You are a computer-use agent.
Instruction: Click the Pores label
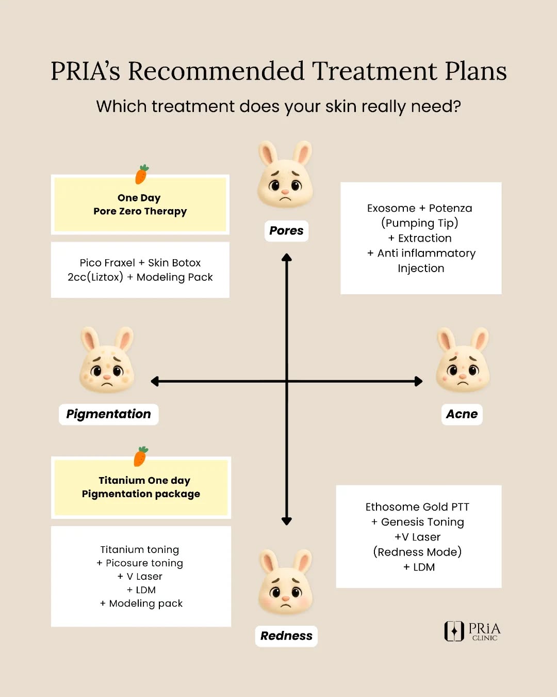coord(286,231)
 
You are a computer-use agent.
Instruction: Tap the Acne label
coord(462,414)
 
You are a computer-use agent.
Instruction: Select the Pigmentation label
coord(108,414)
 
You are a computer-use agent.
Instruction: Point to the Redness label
coord(286,636)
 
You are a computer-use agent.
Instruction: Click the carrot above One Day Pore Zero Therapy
coord(142,175)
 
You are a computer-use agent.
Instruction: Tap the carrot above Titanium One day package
coord(141,456)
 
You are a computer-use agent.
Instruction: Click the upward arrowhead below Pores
coord(287,257)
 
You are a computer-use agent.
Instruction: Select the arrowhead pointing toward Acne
coord(418,382)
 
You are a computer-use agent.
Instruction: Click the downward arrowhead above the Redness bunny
coord(287,521)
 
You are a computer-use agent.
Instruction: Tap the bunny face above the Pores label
coord(285,176)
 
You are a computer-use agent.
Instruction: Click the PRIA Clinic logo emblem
coord(454,631)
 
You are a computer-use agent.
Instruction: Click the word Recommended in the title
coord(216,71)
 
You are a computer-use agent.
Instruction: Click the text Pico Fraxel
coord(107,263)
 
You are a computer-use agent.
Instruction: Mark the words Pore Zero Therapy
coord(140,211)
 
